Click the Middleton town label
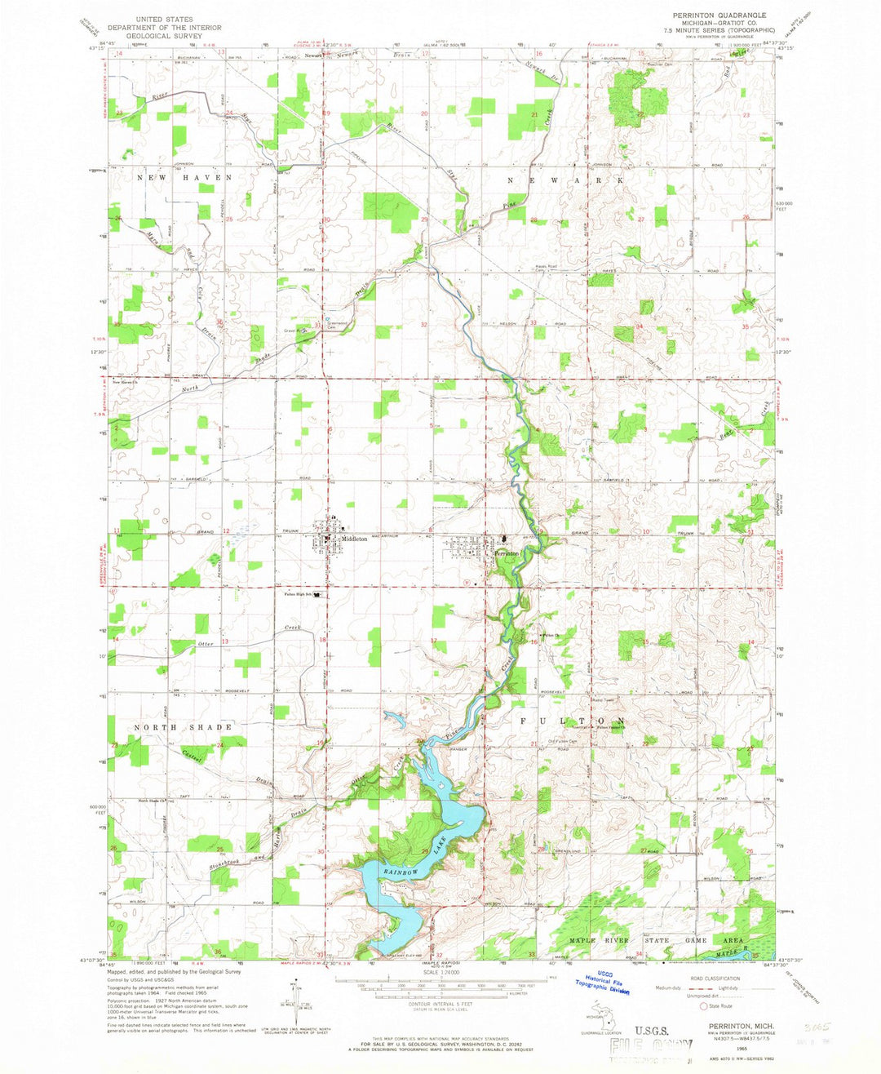pyautogui.click(x=357, y=539)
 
